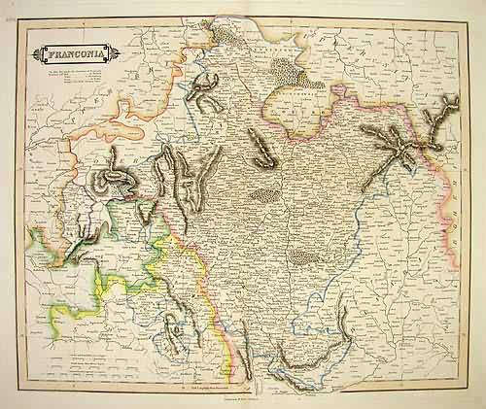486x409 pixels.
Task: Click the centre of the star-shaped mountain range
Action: pos(399,142)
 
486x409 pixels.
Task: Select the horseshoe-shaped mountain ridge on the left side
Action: pos(115,178)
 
